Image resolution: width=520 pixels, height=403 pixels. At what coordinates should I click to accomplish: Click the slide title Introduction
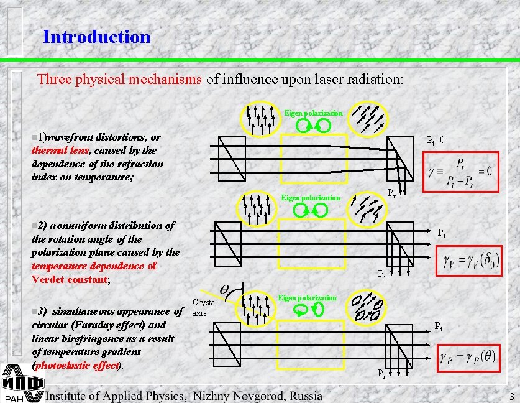[x=96, y=37]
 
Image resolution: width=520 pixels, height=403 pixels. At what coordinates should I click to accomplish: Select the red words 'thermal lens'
[x=60, y=151]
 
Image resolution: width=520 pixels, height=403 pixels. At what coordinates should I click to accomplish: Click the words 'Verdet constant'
[x=70, y=280]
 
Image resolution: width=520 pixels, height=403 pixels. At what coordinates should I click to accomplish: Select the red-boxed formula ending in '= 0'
[x=458, y=171]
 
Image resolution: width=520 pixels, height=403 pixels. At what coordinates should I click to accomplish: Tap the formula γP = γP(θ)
[x=477, y=358]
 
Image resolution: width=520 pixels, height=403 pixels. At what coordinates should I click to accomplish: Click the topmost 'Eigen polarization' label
[x=313, y=113]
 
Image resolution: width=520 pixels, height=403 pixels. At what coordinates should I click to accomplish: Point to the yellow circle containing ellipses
[x=367, y=306]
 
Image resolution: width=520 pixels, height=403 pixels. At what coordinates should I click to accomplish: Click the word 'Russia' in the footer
[x=306, y=396]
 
